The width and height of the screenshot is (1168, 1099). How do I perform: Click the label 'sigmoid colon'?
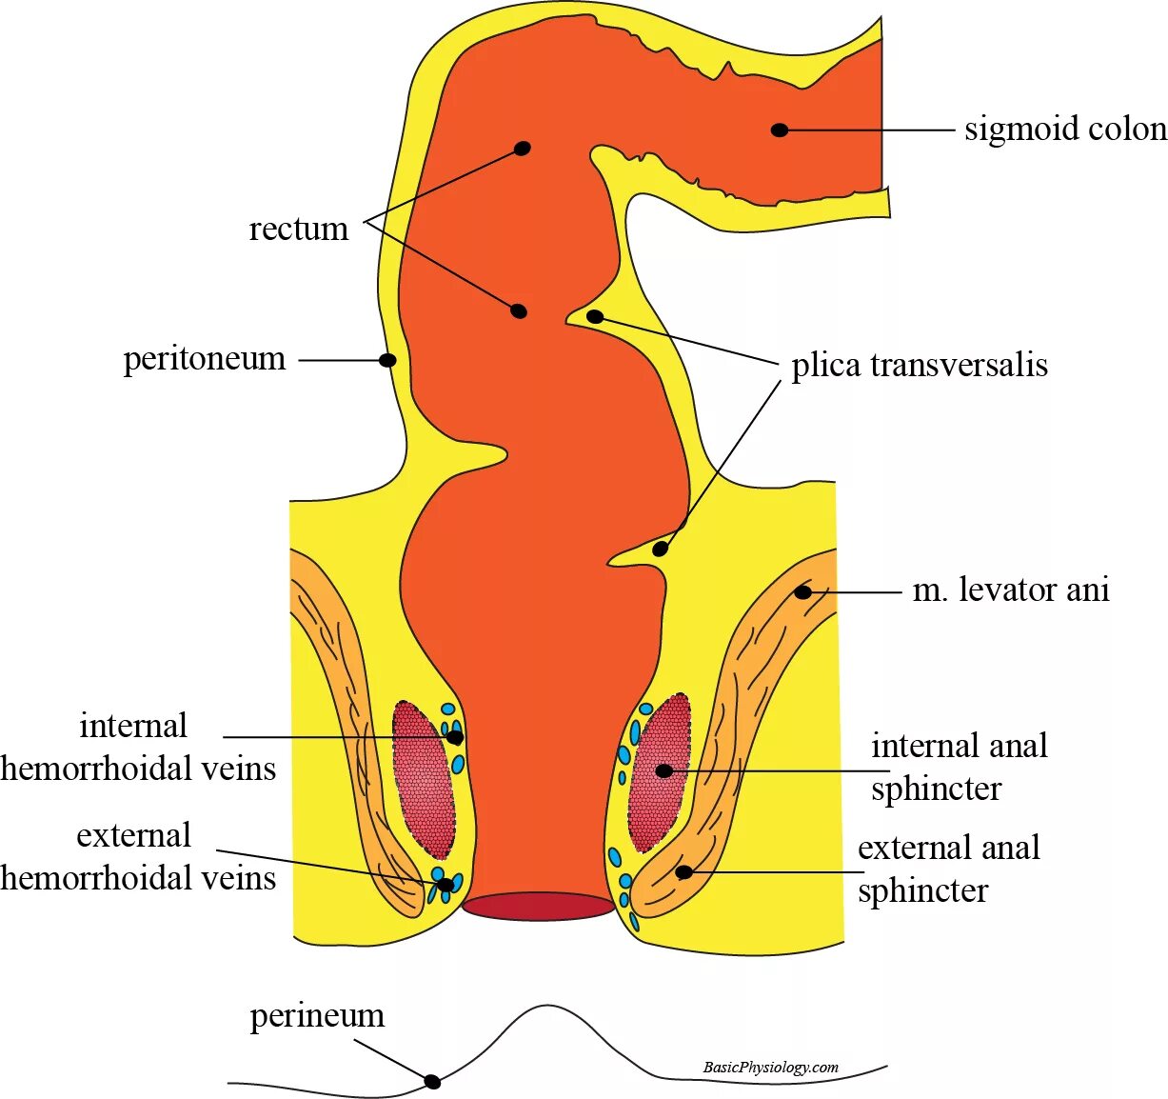pyautogui.click(x=1064, y=130)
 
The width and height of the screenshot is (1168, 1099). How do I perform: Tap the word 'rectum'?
pyautogui.click(x=299, y=230)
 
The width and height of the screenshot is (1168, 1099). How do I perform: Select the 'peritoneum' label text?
pyautogui.click(x=205, y=359)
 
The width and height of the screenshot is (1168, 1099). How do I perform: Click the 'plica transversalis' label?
pyautogui.click(x=920, y=366)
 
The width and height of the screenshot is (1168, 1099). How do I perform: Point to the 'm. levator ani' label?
pyautogui.click(x=1011, y=590)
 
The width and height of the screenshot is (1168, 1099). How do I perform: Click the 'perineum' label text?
pyautogui.click(x=317, y=1016)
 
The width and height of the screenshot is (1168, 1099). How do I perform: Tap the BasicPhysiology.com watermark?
pyautogui.click(x=770, y=1068)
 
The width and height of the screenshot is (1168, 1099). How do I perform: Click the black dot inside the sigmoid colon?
pyautogui.click(x=780, y=130)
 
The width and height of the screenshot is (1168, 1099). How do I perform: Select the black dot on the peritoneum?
pyautogui.click(x=387, y=360)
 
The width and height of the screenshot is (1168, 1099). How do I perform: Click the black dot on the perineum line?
pyautogui.click(x=432, y=1082)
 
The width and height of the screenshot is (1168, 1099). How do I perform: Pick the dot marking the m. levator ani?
pyautogui.click(x=803, y=592)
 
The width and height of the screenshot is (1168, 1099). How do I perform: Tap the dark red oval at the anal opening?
pyautogui.click(x=539, y=906)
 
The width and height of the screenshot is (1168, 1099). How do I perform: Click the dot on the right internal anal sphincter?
pyautogui.click(x=664, y=770)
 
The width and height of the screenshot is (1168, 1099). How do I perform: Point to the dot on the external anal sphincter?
pyautogui.click(x=683, y=871)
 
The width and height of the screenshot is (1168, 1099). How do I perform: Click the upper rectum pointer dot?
pyautogui.click(x=522, y=148)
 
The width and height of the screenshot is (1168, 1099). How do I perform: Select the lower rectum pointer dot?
pyautogui.click(x=519, y=311)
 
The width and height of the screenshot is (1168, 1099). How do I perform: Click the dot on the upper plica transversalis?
pyautogui.click(x=595, y=316)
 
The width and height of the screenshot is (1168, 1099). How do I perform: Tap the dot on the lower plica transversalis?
pyautogui.click(x=660, y=549)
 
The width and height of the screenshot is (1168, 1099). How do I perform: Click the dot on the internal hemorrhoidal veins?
pyautogui.click(x=455, y=737)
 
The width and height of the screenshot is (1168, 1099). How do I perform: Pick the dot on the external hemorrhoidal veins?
pyautogui.click(x=445, y=885)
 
